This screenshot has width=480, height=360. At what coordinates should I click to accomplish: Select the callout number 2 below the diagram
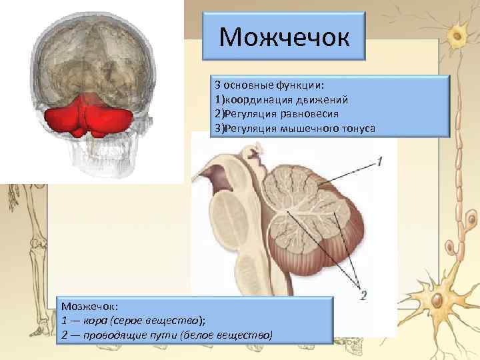tap(363, 295)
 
